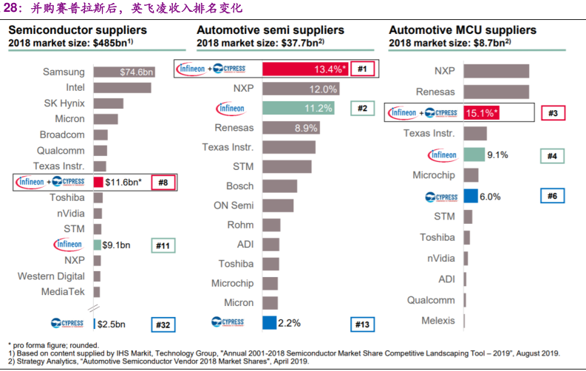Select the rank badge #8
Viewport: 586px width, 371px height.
pyautogui.click(x=163, y=182)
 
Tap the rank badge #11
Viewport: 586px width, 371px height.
pyautogui.click(x=163, y=245)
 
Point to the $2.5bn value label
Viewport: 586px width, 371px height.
pyautogui.click(x=112, y=324)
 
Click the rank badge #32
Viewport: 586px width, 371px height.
pyautogui.click(x=163, y=324)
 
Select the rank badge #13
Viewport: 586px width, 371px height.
pyautogui.click(x=362, y=324)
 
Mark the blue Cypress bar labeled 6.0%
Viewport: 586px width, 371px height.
pyautogui.click(x=470, y=197)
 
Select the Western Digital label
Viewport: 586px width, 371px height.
pyautogui.click(x=51, y=276)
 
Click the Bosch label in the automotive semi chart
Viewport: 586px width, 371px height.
pyautogui.click(x=239, y=185)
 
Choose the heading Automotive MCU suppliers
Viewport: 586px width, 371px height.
pyautogui.click(x=463, y=30)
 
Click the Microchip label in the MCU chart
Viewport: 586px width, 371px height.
pyautogui.click(x=434, y=175)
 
